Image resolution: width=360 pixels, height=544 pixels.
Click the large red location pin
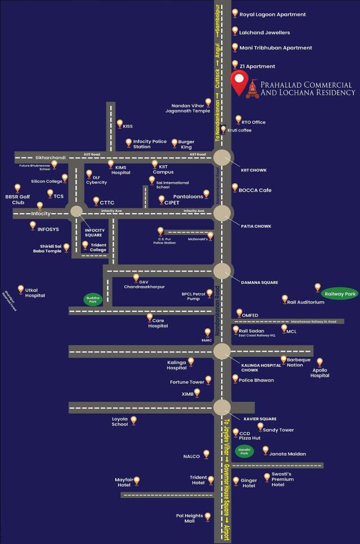click(239, 84)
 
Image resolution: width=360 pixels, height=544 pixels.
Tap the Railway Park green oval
click(340, 293)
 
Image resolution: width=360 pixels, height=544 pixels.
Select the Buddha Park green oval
click(93, 300)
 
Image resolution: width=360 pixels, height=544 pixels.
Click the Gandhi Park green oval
click(245, 450)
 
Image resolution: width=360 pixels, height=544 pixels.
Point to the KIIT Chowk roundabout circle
click(222, 157)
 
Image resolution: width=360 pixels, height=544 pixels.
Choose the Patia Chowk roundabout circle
click(222, 213)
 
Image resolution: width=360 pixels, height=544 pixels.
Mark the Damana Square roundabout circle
click(222, 271)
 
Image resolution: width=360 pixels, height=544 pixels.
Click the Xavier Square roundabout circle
click(222, 407)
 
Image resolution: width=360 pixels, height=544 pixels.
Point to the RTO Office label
click(253, 122)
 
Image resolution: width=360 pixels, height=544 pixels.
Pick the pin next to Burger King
click(174, 142)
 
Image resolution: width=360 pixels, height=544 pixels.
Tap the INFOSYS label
click(48, 229)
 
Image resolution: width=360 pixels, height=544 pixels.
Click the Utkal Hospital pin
click(21, 289)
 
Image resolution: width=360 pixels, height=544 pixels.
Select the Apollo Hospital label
click(320, 373)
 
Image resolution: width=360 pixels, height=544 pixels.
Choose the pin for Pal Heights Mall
click(208, 515)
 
